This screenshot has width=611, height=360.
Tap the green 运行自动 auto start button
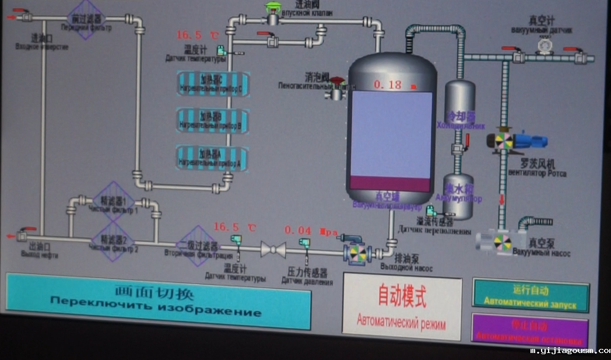530,296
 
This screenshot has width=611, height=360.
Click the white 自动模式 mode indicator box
402,307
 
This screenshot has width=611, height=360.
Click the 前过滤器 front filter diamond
85,19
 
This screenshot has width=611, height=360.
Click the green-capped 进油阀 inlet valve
272,15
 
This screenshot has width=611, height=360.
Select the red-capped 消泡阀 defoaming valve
337,88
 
